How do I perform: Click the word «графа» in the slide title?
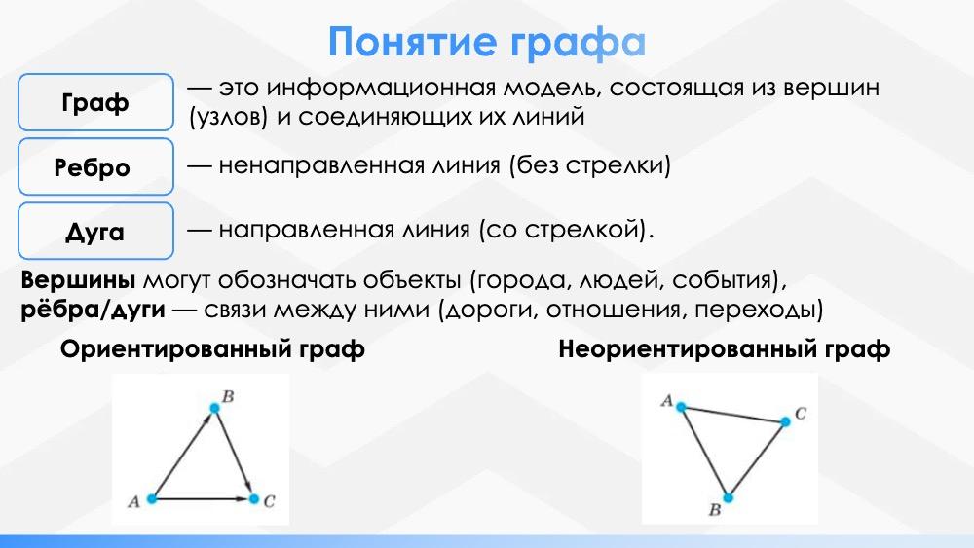578,43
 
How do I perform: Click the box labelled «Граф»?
95,102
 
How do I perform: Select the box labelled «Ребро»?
95,167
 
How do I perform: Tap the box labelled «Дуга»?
95,231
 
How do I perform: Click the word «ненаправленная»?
359,165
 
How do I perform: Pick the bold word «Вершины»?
78,280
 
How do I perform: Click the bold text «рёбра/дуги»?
94,310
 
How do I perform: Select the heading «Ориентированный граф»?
212,349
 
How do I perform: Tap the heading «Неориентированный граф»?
725,349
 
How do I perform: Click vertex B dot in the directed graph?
215,408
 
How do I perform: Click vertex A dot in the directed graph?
151,498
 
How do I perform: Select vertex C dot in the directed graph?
253,498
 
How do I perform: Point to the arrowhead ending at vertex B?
208,419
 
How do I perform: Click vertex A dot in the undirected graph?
682,407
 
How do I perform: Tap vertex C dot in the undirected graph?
785,422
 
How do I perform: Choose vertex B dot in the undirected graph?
728,497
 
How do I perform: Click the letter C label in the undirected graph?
801,414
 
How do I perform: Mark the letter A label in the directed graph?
133,501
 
